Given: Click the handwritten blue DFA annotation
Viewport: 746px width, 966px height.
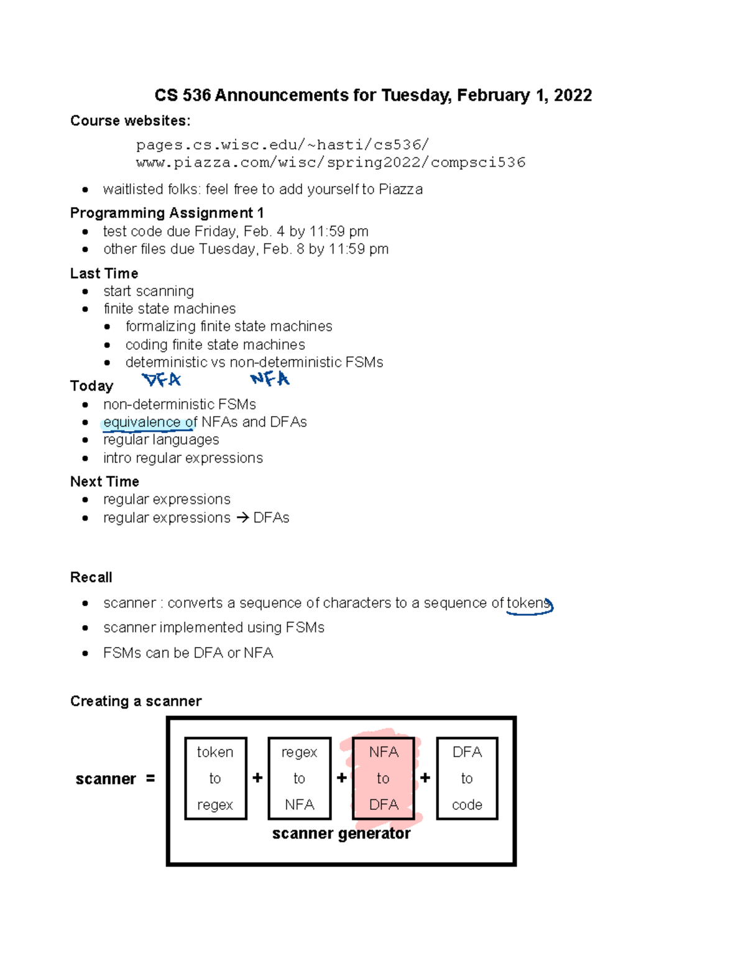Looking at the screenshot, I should coord(162,379).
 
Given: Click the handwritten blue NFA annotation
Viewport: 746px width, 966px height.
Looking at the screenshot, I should coord(270,379).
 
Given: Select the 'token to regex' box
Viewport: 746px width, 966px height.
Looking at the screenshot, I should coord(215,778).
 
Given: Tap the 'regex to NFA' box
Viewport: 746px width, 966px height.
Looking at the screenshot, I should coord(299,778).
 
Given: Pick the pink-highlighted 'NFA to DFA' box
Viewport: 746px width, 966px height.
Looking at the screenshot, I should coord(383,778).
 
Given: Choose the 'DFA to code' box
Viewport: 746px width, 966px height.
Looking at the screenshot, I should coord(467,778).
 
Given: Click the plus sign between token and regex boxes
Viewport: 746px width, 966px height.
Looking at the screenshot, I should coord(257,778).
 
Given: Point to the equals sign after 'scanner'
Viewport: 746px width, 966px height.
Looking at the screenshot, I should coord(150,778).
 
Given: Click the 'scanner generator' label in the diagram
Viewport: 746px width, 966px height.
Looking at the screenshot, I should coord(341,834).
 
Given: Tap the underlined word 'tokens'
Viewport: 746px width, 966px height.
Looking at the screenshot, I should coord(528,603).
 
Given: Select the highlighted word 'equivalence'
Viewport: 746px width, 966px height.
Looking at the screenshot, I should coord(142,422).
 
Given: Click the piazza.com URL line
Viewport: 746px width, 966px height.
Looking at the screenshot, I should coord(331,163).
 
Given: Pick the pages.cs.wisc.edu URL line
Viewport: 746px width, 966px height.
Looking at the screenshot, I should coord(282,145).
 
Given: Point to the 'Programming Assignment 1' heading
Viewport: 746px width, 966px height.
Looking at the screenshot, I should coord(167,213).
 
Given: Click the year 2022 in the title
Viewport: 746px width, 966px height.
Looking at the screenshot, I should coord(573,95).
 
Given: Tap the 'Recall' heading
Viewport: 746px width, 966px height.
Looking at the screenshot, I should coord(91,577).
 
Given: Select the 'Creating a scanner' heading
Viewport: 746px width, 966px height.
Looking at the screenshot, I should coord(136,701).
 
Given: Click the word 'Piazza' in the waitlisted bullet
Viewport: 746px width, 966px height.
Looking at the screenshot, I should coord(400,189).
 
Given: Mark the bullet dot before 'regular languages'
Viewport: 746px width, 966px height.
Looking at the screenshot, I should coord(85,440).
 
